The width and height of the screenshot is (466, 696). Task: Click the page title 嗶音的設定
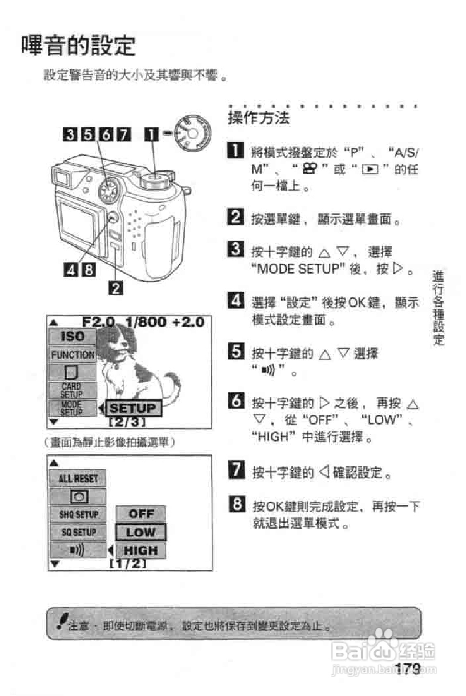pyautogui.click(x=78, y=46)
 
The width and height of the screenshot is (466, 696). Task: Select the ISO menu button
pyautogui.click(x=72, y=337)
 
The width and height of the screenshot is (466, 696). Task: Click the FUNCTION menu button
pyautogui.click(x=72, y=355)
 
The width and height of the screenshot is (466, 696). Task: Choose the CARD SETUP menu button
pyautogui.click(x=72, y=390)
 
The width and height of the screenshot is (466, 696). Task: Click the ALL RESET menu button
pyautogui.click(x=78, y=478)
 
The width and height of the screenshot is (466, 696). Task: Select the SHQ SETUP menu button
pyautogui.click(x=78, y=514)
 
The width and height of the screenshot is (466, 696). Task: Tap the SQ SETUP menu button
pyautogui.click(x=78, y=532)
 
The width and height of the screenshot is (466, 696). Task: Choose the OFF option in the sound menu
pyautogui.click(x=141, y=514)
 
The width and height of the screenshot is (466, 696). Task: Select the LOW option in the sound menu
pyautogui.click(x=141, y=532)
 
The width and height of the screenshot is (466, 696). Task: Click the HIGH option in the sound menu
pyautogui.click(x=141, y=551)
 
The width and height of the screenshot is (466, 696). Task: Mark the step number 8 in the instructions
pyautogui.click(x=237, y=504)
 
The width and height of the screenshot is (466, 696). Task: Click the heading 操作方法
pyautogui.click(x=259, y=119)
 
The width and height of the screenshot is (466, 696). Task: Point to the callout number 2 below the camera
pyautogui.click(x=115, y=288)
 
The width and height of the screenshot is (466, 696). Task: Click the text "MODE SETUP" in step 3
pyautogui.click(x=298, y=269)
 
